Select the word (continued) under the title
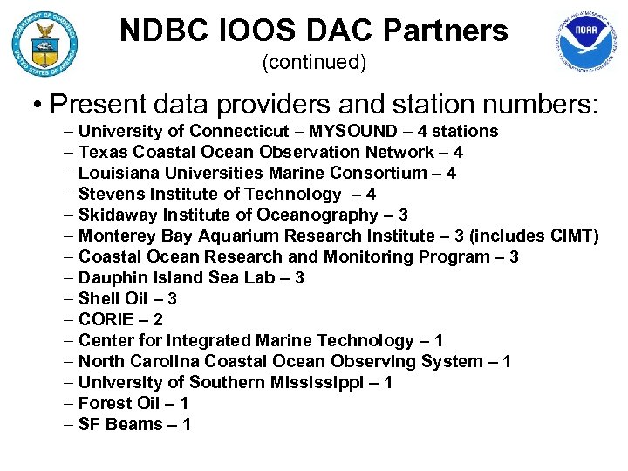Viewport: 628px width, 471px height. click(x=314, y=63)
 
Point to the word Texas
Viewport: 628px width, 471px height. click(x=101, y=153)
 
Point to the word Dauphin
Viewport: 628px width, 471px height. click(x=112, y=278)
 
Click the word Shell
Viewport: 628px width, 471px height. click(x=99, y=299)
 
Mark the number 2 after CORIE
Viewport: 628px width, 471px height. click(x=157, y=320)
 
